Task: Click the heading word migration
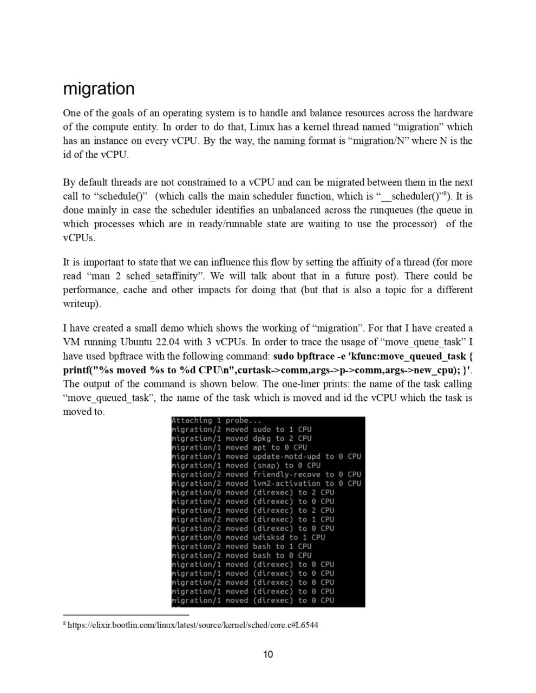pyautogui.click(x=99, y=89)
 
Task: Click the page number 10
pyautogui.click(x=268, y=655)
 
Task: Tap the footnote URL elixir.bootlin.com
pyautogui.click(x=192, y=625)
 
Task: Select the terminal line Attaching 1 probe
pyautogui.click(x=216, y=420)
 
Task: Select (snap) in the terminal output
pyautogui.click(x=266, y=465)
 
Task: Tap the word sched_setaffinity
pyautogui.click(x=155, y=276)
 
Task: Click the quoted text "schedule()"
pyautogui.click(x=119, y=196)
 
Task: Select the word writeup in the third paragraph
pyautogui.click(x=80, y=303)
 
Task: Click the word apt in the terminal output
pyautogui.click(x=259, y=447)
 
